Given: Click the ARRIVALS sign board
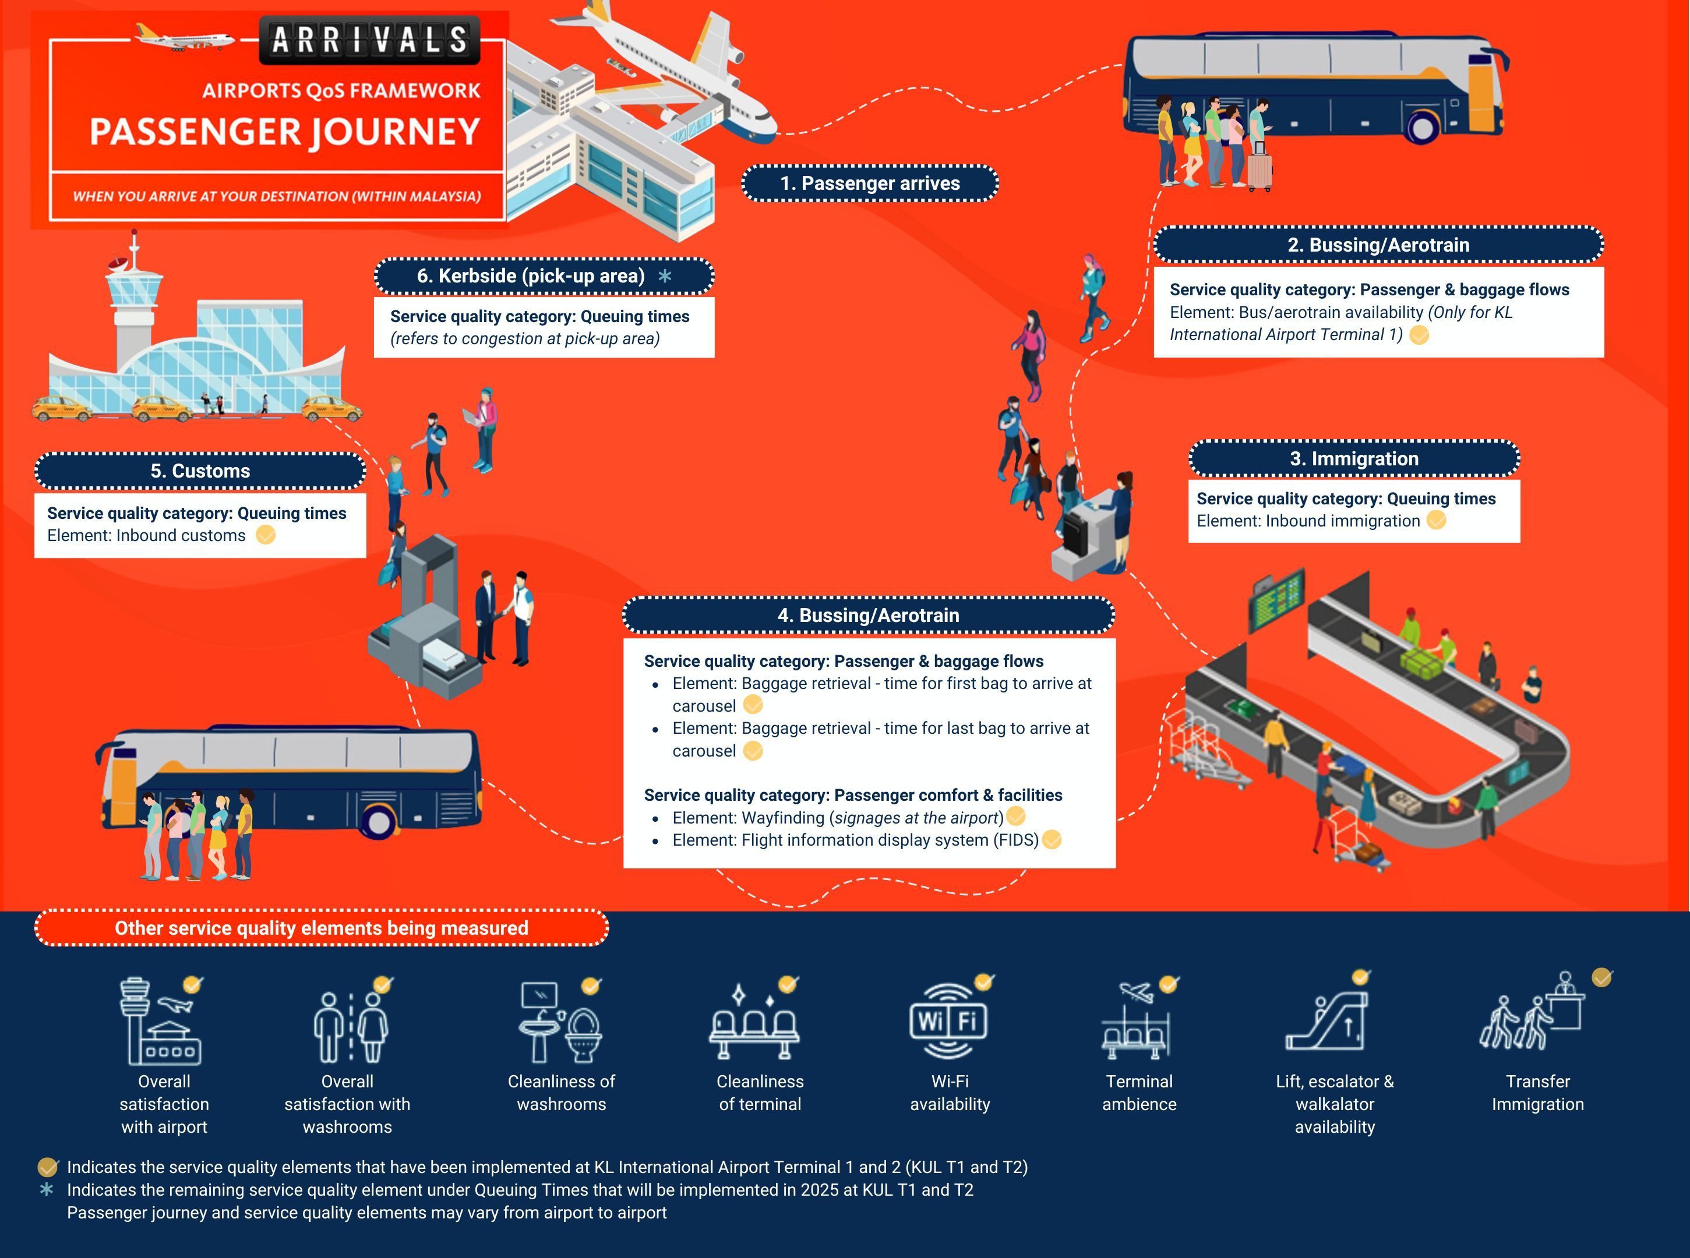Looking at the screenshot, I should [x=370, y=40].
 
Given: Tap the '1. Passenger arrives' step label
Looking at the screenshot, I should [x=870, y=183].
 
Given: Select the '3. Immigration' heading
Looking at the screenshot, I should [x=1353, y=458].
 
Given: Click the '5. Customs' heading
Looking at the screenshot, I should [x=200, y=471].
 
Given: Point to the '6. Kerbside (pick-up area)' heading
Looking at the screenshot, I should [x=531, y=275].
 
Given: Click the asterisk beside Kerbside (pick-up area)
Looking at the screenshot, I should [x=665, y=275].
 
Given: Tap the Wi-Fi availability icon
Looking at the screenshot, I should [x=948, y=1021].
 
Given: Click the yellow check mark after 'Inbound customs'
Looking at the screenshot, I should [x=266, y=535].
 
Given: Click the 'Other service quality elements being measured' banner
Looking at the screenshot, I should [x=322, y=928].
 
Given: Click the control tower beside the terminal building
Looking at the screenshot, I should [x=134, y=305].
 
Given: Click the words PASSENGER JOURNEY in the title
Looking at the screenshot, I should [x=285, y=132].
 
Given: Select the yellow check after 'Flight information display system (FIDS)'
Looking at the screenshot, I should [x=1051, y=839].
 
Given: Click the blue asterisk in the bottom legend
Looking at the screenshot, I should [x=47, y=1189].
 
